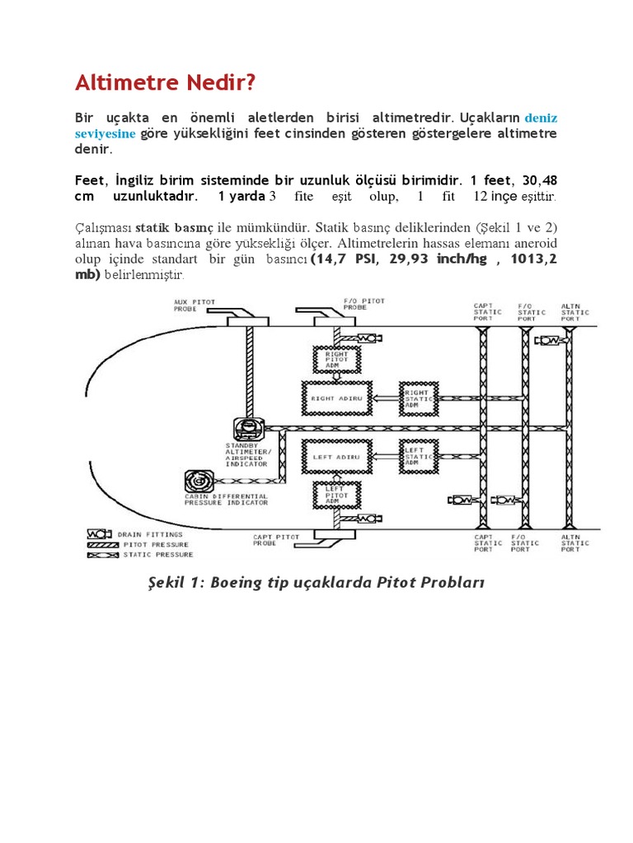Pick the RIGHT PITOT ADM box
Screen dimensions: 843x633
click(336, 360)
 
